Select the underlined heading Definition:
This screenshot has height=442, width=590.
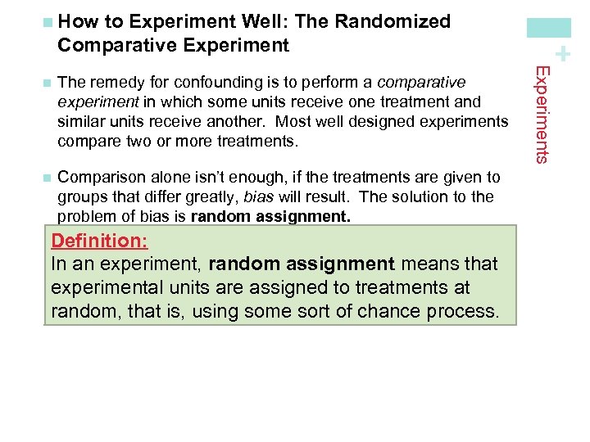98,241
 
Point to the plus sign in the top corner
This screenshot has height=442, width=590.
562,56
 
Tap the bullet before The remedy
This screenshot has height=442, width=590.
47,83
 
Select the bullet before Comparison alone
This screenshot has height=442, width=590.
47,178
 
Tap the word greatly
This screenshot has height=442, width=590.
236,196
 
